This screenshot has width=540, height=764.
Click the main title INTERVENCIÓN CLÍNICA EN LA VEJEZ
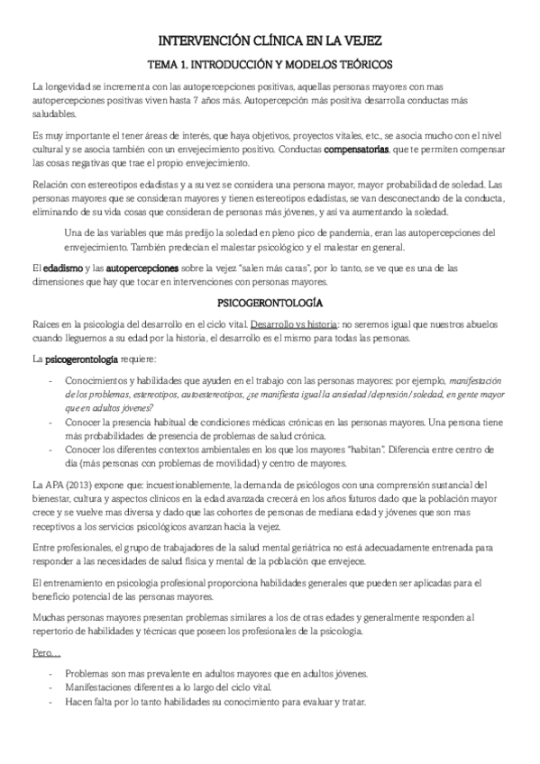click(x=270, y=41)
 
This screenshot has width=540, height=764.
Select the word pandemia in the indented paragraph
click(x=334, y=233)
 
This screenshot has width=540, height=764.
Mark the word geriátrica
click(x=327, y=549)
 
